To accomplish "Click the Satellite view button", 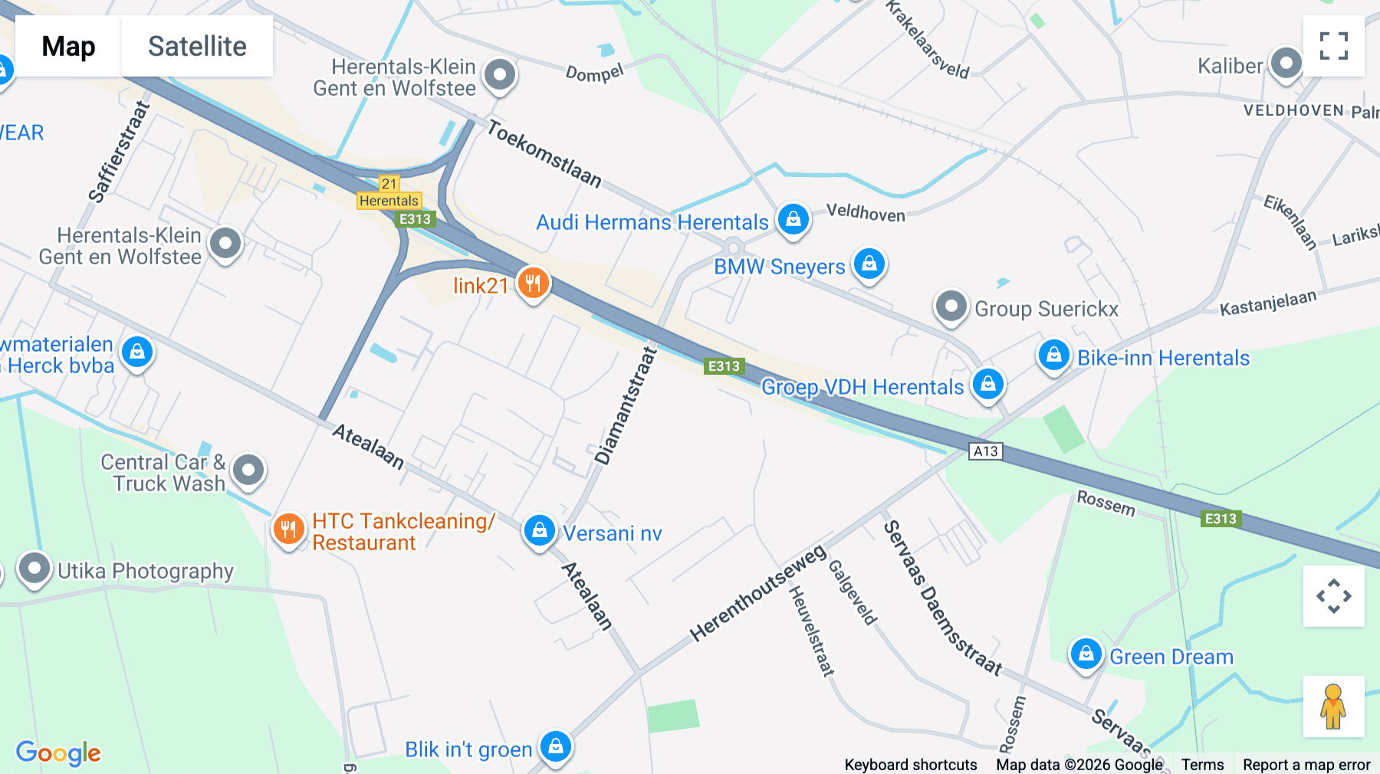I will point(197,47).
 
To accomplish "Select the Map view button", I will point(68,47).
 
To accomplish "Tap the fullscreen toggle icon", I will point(1333,46).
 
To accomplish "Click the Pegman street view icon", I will point(1333,706).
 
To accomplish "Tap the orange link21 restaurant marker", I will point(533,283).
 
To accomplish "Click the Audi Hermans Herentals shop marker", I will point(793,220).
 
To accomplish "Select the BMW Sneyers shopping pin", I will point(869,264).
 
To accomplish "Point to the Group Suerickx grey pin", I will point(951,307).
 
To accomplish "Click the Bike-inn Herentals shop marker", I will point(1053,356).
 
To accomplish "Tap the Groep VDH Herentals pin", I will point(987,384).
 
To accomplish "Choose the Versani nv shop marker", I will point(539,530).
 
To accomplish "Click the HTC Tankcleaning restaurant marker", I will point(288,529).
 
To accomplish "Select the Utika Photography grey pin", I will point(34,569).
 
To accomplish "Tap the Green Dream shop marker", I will point(1086,654).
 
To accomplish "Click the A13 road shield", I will point(985,451).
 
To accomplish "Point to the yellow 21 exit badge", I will point(389,184).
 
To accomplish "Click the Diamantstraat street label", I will point(626,406).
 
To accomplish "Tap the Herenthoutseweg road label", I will point(757,593).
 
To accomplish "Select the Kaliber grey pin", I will point(1286,64).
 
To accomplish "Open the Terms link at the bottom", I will point(1202,765).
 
